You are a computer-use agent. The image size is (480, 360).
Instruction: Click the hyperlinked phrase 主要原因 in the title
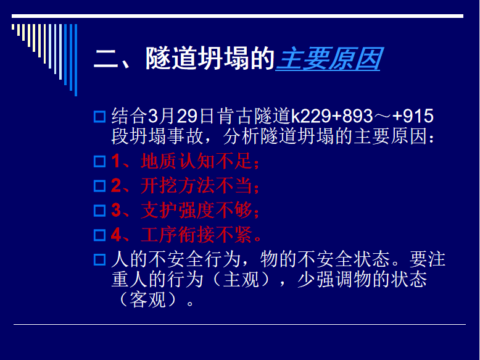click(x=328, y=59)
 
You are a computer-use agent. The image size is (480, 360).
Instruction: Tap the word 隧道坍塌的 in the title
click(x=210, y=59)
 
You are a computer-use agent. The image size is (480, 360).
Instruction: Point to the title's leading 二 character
click(x=106, y=59)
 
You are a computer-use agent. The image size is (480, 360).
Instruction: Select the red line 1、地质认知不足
click(x=185, y=161)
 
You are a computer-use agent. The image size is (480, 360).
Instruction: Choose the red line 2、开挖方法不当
click(x=185, y=185)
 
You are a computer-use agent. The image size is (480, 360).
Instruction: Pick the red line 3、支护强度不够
click(x=185, y=210)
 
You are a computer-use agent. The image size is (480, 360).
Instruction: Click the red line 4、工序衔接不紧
click(x=186, y=235)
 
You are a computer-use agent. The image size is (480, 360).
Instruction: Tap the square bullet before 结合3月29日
click(x=99, y=117)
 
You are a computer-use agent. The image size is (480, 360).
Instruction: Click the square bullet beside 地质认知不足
click(x=99, y=161)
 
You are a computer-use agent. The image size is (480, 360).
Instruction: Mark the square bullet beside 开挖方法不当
click(x=99, y=186)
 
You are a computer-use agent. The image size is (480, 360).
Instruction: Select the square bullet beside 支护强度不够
click(x=99, y=211)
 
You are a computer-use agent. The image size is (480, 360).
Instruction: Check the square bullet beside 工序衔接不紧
click(x=99, y=235)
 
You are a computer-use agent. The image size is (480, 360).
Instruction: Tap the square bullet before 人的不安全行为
click(x=99, y=259)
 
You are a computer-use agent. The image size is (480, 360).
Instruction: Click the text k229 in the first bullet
click(x=311, y=116)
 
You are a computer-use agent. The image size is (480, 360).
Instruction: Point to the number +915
click(x=413, y=116)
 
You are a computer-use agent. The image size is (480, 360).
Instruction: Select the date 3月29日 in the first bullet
click(x=181, y=116)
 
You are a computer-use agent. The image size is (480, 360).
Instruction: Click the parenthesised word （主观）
click(x=241, y=280)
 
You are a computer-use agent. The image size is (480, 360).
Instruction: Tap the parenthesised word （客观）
click(x=147, y=299)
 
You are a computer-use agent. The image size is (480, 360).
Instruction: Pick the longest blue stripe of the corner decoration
click(x=76, y=60)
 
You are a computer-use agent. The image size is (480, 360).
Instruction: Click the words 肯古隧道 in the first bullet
click(x=254, y=116)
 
